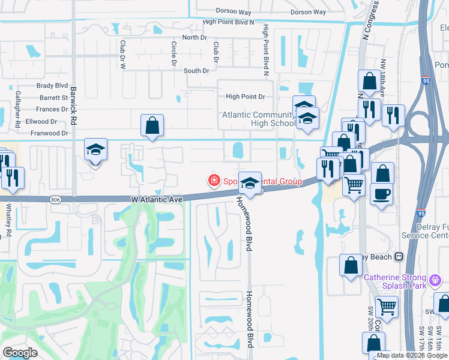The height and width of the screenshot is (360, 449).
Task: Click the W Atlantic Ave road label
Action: (156, 199)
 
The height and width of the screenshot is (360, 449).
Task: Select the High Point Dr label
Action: (246, 97)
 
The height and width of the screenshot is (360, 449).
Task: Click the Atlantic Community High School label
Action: (259, 119)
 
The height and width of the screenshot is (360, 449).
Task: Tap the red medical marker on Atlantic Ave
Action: (212, 180)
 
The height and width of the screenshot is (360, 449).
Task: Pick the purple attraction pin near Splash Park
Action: (436, 278)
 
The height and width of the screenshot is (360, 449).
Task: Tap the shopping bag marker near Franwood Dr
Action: (152, 126)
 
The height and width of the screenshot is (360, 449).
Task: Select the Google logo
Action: (20, 353)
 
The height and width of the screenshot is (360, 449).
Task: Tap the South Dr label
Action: (196, 71)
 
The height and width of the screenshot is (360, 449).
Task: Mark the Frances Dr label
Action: (52, 109)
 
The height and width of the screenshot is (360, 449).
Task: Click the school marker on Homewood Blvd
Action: (250, 182)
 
